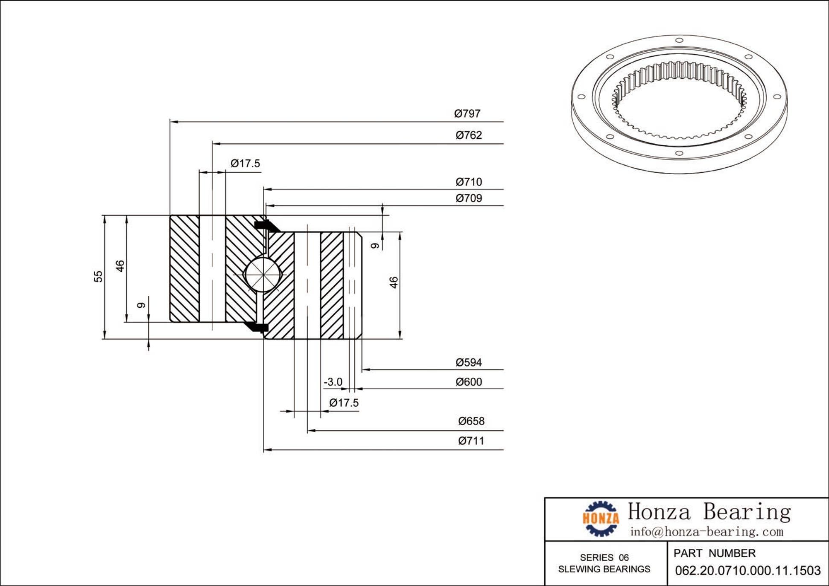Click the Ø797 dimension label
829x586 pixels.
click(467, 114)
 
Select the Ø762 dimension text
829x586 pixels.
click(469, 135)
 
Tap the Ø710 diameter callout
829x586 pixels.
click(469, 182)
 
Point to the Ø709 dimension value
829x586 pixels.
click(469, 198)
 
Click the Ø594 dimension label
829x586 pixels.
click(469, 362)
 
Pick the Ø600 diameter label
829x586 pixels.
click(469, 382)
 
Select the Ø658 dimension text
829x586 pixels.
click(471, 421)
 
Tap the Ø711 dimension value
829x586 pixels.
click(471, 441)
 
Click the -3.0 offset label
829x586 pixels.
click(333, 382)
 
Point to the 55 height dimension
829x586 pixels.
click(99, 277)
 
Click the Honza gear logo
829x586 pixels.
click(601, 518)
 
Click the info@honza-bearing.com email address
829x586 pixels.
click(707, 532)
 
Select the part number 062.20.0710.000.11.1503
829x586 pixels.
click(747, 571)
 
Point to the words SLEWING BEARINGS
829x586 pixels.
click(604, 569)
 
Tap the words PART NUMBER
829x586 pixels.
click(715, 554)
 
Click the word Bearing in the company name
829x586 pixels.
click(747, 512)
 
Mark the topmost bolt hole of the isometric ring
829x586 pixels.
click(679, 41)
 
